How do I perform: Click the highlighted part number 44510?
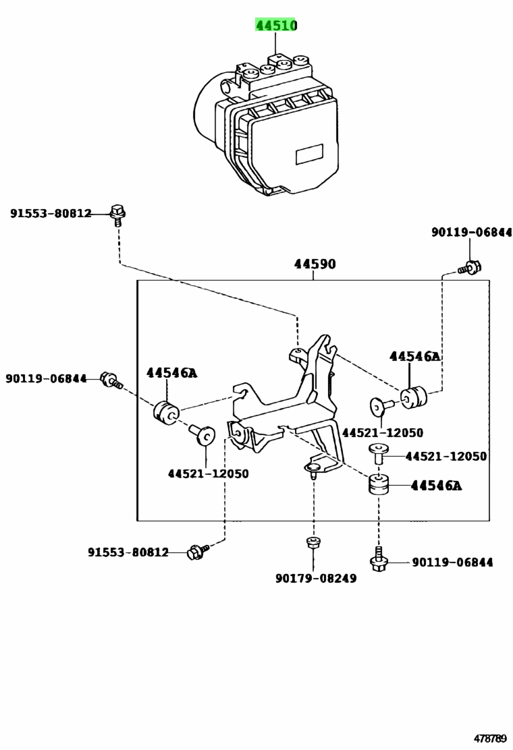coord(275,25)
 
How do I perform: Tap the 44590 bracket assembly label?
coord(315,264)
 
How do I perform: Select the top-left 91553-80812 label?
coord(51,213)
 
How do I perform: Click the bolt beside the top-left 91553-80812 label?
coord(116,214)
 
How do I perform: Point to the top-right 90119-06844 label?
coord(471,232)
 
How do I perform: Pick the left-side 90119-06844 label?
coord(46,378)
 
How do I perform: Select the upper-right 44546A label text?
coord(414,356)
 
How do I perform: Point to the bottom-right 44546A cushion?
coord(379,484)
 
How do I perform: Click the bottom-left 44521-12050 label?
coord(208,473)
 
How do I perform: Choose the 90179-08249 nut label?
coord(316,578)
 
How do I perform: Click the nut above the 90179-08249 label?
coord(313,542)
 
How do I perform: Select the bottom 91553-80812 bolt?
coord(196,551)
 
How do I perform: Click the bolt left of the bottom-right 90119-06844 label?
coord(379,560)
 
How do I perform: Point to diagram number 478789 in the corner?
coord(491,739)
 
